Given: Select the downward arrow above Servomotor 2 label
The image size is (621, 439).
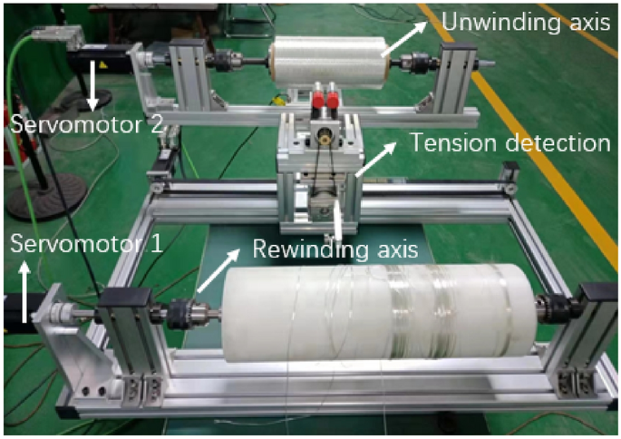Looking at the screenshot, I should pos(95,88).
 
